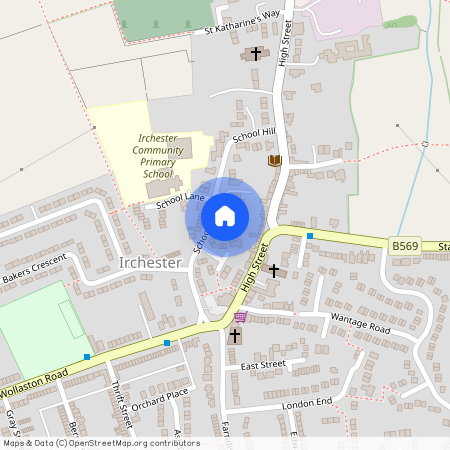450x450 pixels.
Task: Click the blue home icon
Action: (225, 216)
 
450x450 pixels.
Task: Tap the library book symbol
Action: (274, 160)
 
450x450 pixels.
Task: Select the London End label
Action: (306, 401)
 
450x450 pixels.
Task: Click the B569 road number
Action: (402, 244)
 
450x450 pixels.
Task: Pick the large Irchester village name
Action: (149, 263)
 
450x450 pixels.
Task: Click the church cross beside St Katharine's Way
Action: (255, 53)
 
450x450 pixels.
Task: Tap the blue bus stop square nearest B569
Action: (310, 236)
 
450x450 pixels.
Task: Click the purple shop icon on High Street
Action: (239, 316)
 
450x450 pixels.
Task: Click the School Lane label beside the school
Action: (180, 200)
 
